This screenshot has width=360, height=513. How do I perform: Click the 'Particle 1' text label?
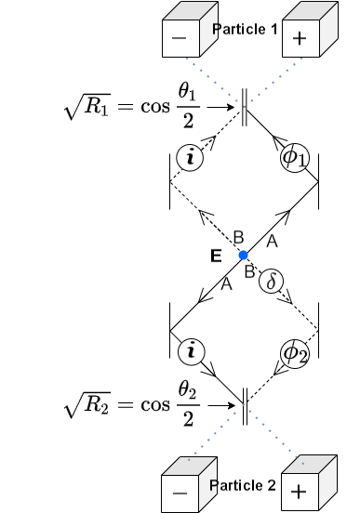pyautogui.click(x=245, y=30)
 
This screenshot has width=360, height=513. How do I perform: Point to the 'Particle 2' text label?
pyautogui.click(x=243, y=485)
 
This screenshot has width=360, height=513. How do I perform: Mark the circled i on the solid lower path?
pyautogui.click(x=191, y=351)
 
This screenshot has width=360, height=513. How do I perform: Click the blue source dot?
pyautogui.click(x=243, y=255)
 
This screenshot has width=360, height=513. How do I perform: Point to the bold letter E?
pyautogui.click(x=216, y=256)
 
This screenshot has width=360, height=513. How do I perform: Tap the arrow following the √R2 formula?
pyautogui.click(x=220, y=405)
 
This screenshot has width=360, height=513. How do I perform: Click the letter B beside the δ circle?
pyautogui.click(x=249, y=272)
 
